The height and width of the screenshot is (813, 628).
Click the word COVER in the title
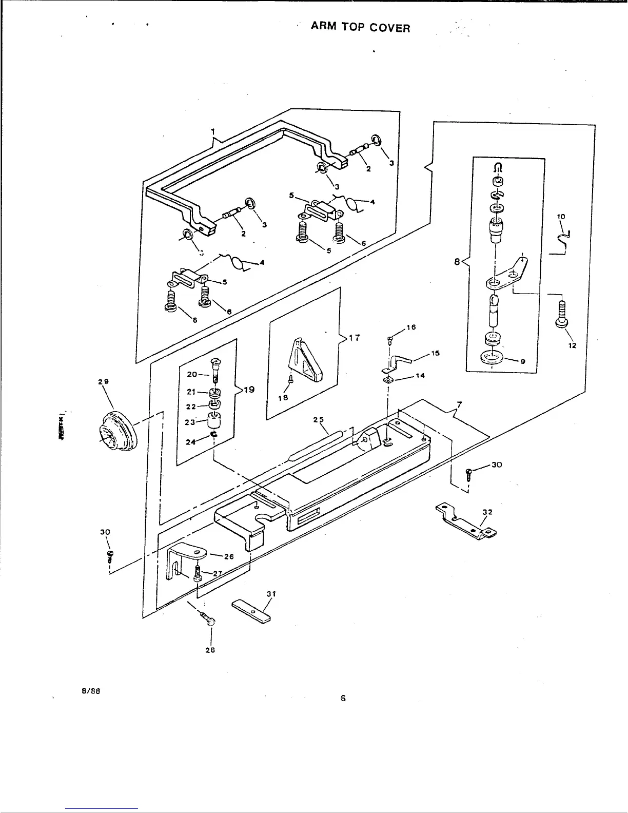391,28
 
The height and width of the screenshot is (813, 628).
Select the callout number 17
354,338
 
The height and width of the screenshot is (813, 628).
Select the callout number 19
249,390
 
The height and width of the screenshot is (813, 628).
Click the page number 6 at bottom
343,698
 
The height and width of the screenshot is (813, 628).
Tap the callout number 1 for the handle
212,131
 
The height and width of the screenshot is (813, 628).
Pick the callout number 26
229,556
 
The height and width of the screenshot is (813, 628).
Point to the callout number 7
459,405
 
